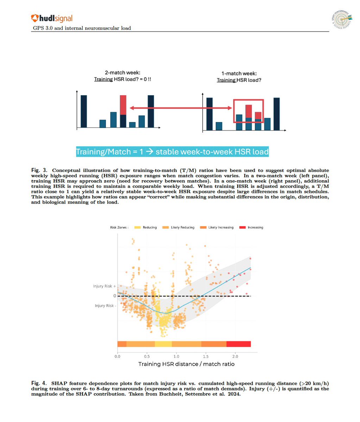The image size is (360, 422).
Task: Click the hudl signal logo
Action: pos(52,18)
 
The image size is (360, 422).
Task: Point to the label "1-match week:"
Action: pos(239,73)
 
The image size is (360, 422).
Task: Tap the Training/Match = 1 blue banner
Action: pos(172,152)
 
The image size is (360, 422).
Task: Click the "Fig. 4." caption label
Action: pos(39,383)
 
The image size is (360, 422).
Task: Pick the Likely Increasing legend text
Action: pos(221,228)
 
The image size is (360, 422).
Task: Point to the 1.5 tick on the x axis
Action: pos(206,356)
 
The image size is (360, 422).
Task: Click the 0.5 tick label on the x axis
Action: pos(147,356)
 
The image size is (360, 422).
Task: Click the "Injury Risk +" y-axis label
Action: pos(105,286)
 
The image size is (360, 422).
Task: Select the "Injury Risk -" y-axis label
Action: pos(105,306)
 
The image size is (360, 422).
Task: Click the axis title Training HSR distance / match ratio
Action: pos(186,364)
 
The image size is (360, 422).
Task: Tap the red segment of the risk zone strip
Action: pos(239,344)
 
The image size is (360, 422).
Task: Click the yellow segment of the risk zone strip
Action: pos(163,344)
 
